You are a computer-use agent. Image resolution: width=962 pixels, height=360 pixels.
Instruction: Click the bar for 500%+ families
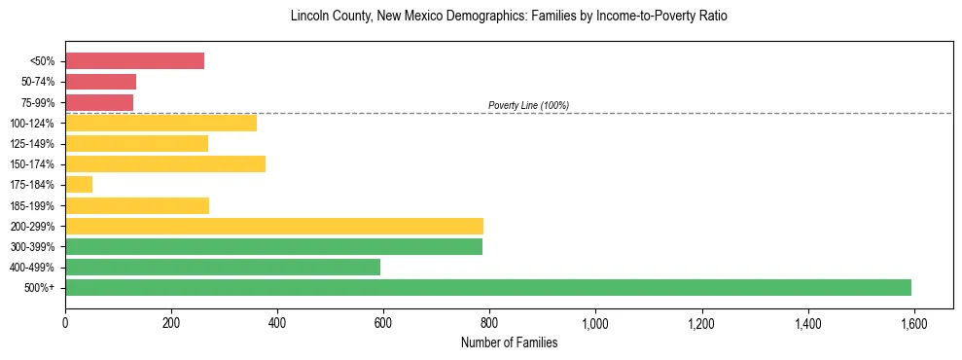click(488, 287)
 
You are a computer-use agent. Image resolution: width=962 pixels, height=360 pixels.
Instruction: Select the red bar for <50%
click(135, 61)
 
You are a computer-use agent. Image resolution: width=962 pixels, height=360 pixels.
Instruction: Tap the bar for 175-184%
click(79, 185)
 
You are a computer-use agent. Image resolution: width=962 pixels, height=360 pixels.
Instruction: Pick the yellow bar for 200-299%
click(274, 226)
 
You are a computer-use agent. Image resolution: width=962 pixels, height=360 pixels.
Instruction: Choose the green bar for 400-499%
click(223, 267)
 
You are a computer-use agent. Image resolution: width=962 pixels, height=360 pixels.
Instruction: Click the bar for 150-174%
click(165, 163)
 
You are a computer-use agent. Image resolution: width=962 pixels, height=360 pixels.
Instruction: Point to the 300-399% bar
click(273, 246)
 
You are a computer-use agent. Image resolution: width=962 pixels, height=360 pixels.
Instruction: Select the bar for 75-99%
click(99, 102)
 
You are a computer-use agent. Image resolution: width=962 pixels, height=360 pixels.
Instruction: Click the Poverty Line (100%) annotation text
click(528, 105)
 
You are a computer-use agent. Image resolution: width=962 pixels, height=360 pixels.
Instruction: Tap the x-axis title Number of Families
click(509, 342)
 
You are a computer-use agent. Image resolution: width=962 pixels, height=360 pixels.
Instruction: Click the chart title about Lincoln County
click(509, 17)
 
